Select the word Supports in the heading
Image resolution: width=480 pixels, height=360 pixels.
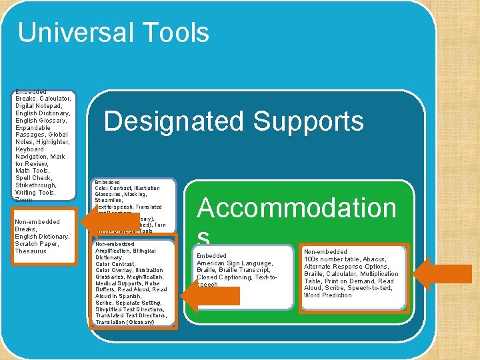pos(309,121)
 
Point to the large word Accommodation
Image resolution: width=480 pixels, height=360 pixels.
pos(297,208)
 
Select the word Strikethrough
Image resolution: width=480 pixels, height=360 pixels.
pos(36,185)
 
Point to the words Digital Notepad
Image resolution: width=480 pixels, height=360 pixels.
pos(38,106)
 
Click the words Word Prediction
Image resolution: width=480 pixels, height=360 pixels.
pos(327,295)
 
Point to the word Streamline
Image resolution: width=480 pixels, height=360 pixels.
pos(109,199)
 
